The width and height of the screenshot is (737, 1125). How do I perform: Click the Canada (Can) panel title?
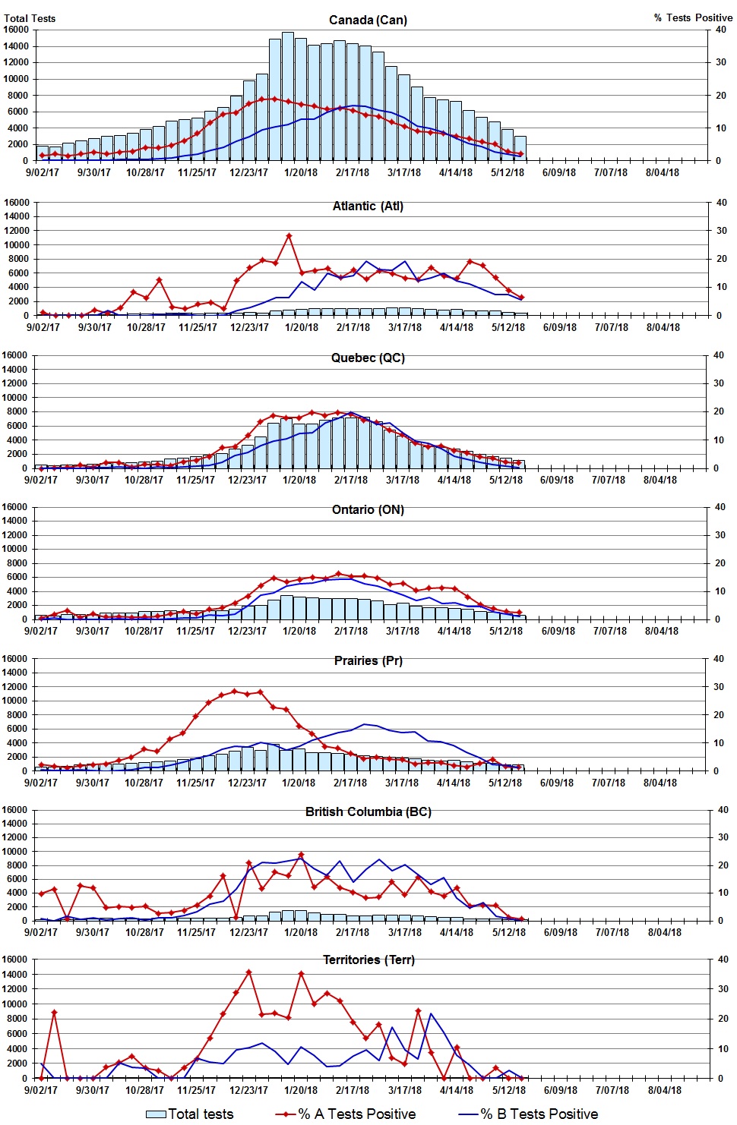point(368,20)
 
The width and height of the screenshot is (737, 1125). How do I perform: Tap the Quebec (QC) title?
point(368,358)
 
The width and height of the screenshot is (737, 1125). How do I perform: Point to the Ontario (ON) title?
point(368,509)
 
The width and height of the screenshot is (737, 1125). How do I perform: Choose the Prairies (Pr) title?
point(368,660)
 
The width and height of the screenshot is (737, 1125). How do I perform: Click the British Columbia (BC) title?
point(368,811)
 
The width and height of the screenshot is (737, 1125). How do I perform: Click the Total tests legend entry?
point(190,1114)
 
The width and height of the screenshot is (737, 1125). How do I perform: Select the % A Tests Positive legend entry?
point(346,1114)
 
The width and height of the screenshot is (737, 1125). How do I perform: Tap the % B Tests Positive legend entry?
point(529,1114)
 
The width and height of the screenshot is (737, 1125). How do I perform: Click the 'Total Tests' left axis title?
point(30,18)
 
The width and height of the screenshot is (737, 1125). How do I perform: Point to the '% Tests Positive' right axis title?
point(693,17)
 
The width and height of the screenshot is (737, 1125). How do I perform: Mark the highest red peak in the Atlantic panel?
point(289,236)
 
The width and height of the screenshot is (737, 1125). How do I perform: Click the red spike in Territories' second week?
point(54,1012)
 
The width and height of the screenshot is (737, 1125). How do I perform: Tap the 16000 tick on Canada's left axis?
point(16,30)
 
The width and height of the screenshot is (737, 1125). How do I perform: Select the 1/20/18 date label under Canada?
point(301,172)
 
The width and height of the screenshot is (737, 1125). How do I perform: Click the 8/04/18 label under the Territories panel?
point(664,1090)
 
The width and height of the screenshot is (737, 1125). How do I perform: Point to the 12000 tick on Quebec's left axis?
point(16,383)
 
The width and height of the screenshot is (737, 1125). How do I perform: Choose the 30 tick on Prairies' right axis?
point(718,687)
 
